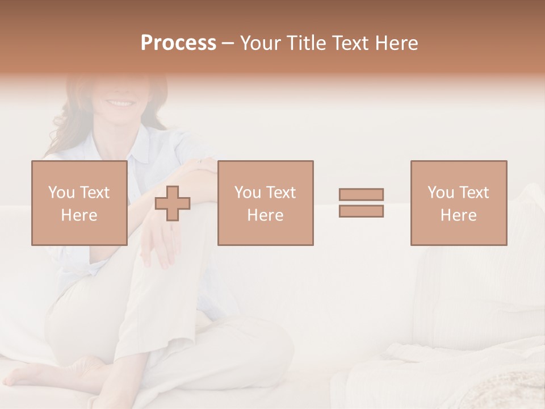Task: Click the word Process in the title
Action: click(x=178, y=43)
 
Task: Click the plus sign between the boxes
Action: click(x=173, y=203)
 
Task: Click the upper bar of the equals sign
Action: click(x=361, y=195)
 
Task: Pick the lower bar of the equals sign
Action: click(x=361, y=211)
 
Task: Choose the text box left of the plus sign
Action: click(x=79, y=203)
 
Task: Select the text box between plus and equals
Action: click(x=265, y=203)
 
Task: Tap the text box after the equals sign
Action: click(x=458, y=203)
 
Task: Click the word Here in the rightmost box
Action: click(x=458, y=215)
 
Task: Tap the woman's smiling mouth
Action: click(x=120, y=103)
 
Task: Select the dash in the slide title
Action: click(x=228, y=43)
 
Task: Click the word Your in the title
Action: click(x=258, y=43)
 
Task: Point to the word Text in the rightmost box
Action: click(x=473, y=193)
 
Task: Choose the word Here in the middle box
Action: click(x=265, y=215)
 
